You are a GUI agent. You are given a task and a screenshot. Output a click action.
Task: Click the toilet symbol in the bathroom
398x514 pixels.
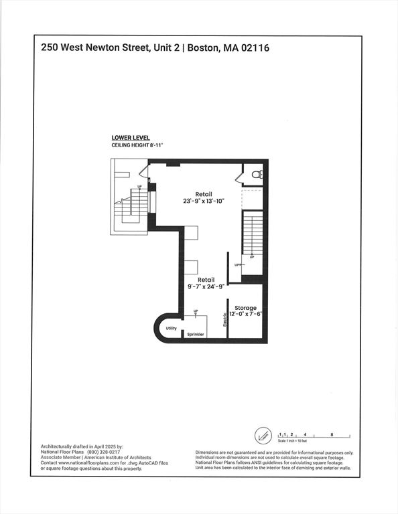(x=257, y=175)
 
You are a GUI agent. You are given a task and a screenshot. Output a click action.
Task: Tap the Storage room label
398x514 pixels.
(x=245, y=308)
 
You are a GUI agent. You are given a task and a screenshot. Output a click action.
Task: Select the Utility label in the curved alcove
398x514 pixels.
(x=171, y=328)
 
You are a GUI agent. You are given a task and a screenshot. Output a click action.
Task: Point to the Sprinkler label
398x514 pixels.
(x=196, y=335)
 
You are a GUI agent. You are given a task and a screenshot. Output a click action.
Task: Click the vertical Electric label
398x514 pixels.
(x=224, y=320)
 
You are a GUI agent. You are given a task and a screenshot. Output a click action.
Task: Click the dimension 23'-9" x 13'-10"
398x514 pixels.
(x=204, y=201)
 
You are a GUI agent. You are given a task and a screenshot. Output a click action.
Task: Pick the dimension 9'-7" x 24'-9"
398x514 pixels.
(x=206, y=286)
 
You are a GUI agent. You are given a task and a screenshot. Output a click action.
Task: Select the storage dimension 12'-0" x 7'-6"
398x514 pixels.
(x=245, y=314)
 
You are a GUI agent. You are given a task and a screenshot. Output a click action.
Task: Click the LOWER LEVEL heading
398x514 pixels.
(x=131, y=138)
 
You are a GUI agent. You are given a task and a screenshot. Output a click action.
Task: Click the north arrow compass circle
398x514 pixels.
(x=263, y=436)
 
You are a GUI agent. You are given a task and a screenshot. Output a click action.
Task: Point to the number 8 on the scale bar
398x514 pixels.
(x=332, y=434)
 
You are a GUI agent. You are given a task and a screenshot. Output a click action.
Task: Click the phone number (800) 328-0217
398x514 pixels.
(x=103, y=452)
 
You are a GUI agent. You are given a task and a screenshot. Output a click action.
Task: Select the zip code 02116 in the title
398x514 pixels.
(x=255, y=48)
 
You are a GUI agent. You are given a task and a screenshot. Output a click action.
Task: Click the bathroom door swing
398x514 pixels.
(x=239, y=177)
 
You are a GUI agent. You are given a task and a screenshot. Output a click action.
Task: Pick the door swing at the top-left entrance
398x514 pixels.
(x=144, y=171)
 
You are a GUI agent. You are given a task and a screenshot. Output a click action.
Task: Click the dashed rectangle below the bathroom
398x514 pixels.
(x=253, y=199)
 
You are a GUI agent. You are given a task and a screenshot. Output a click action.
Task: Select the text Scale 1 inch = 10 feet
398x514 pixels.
(x=292, y=441)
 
